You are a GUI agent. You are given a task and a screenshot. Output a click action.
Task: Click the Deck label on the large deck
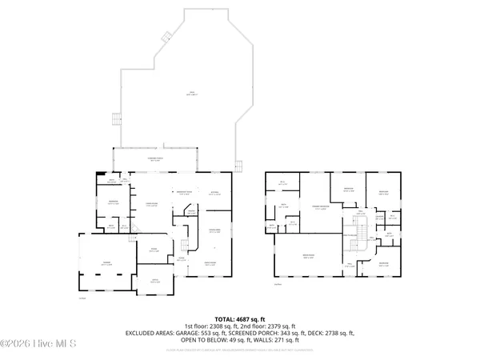click(x=191, y=94)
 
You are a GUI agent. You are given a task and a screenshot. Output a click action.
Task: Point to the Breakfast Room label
click(x=186, y=193)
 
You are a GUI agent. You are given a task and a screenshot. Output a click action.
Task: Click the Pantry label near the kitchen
click(x=190, y=211)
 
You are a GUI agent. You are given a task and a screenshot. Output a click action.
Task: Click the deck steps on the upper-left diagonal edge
click(x=167, y=35)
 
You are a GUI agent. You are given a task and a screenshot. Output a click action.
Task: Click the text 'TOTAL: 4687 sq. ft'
click(x=240, y=318)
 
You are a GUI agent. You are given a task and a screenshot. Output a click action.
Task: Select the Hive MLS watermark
click(x=38, y=345)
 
